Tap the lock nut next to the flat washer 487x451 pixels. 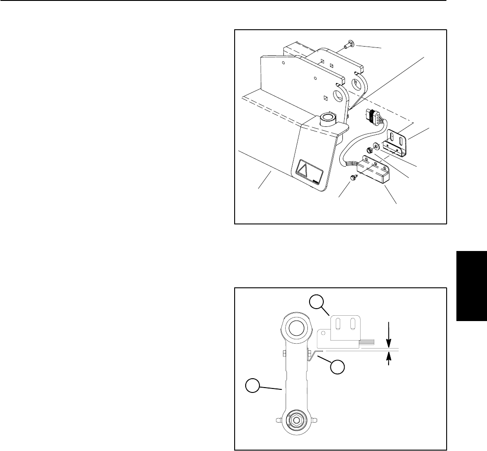(369, 151)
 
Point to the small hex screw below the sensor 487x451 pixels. (353, 177)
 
